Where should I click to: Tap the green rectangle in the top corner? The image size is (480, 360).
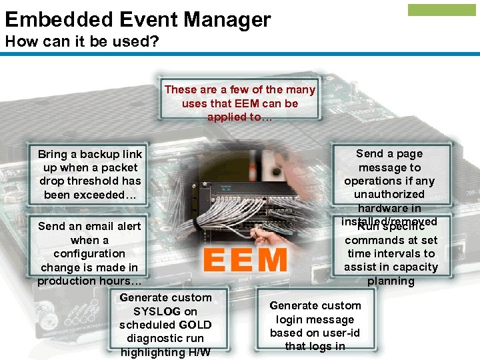click(x=442, y=10)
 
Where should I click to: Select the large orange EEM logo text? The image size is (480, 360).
click(x=245, y=260)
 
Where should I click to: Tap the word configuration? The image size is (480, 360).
click(x=89, y=253)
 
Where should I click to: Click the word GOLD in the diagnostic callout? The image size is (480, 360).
click(x=197, y=325)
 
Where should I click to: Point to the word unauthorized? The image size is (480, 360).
click(x=389, y=195)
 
